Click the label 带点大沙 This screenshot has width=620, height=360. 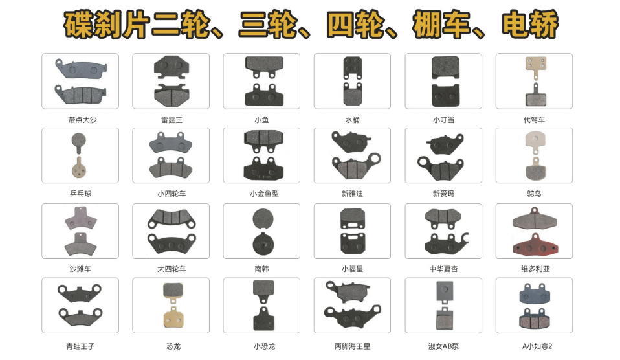tap(82, 120)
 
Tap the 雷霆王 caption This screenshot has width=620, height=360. tap(172, 120)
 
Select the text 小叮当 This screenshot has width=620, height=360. tap(443, 120)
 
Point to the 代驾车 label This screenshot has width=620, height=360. tap(534, 120)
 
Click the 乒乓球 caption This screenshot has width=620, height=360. tap(80, 194)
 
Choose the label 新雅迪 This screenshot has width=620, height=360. tap(352, 194)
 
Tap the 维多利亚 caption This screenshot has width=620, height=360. tap(535, 269)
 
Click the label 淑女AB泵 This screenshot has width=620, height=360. tap(443, 346)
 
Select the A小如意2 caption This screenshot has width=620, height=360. tap(537, 346)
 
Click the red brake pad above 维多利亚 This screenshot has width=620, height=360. tap(535, 245)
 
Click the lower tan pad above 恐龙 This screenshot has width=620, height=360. tap(173, 317)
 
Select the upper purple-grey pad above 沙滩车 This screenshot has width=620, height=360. tap(81, 218)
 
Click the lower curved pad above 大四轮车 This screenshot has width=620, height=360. tap(172, 243)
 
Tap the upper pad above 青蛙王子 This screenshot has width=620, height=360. tap(80, 293)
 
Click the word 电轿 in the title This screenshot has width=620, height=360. tap(530, 25)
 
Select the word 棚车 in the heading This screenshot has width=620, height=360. tap(441, 25)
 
